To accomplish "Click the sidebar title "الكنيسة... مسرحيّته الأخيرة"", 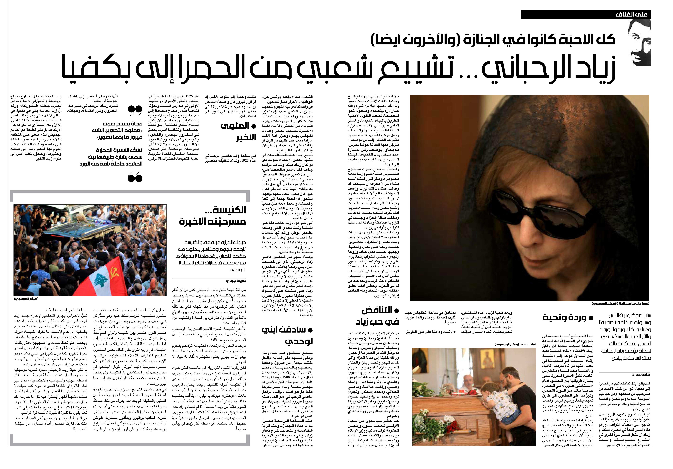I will [x=213, y=216].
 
